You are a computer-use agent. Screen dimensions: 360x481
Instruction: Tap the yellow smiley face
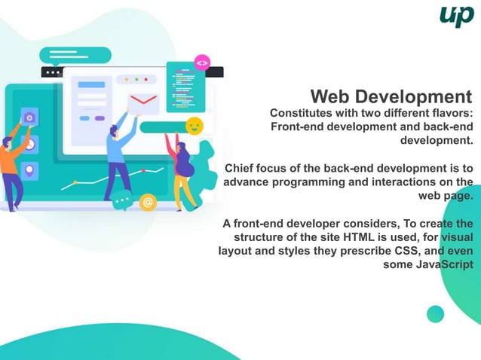click(194, 125)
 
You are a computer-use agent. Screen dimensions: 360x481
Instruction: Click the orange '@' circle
click(148, 202)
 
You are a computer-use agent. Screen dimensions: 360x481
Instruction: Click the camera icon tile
click(30, 117)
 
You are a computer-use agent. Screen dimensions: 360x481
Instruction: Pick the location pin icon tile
click(30, 170)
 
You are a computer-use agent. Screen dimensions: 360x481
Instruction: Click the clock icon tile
click(30, 144)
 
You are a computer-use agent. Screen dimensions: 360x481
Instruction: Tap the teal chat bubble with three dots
click(121, 202)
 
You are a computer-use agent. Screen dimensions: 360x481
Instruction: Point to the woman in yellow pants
click(182, 173)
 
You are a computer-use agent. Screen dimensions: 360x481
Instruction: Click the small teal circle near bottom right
click(435, 314)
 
